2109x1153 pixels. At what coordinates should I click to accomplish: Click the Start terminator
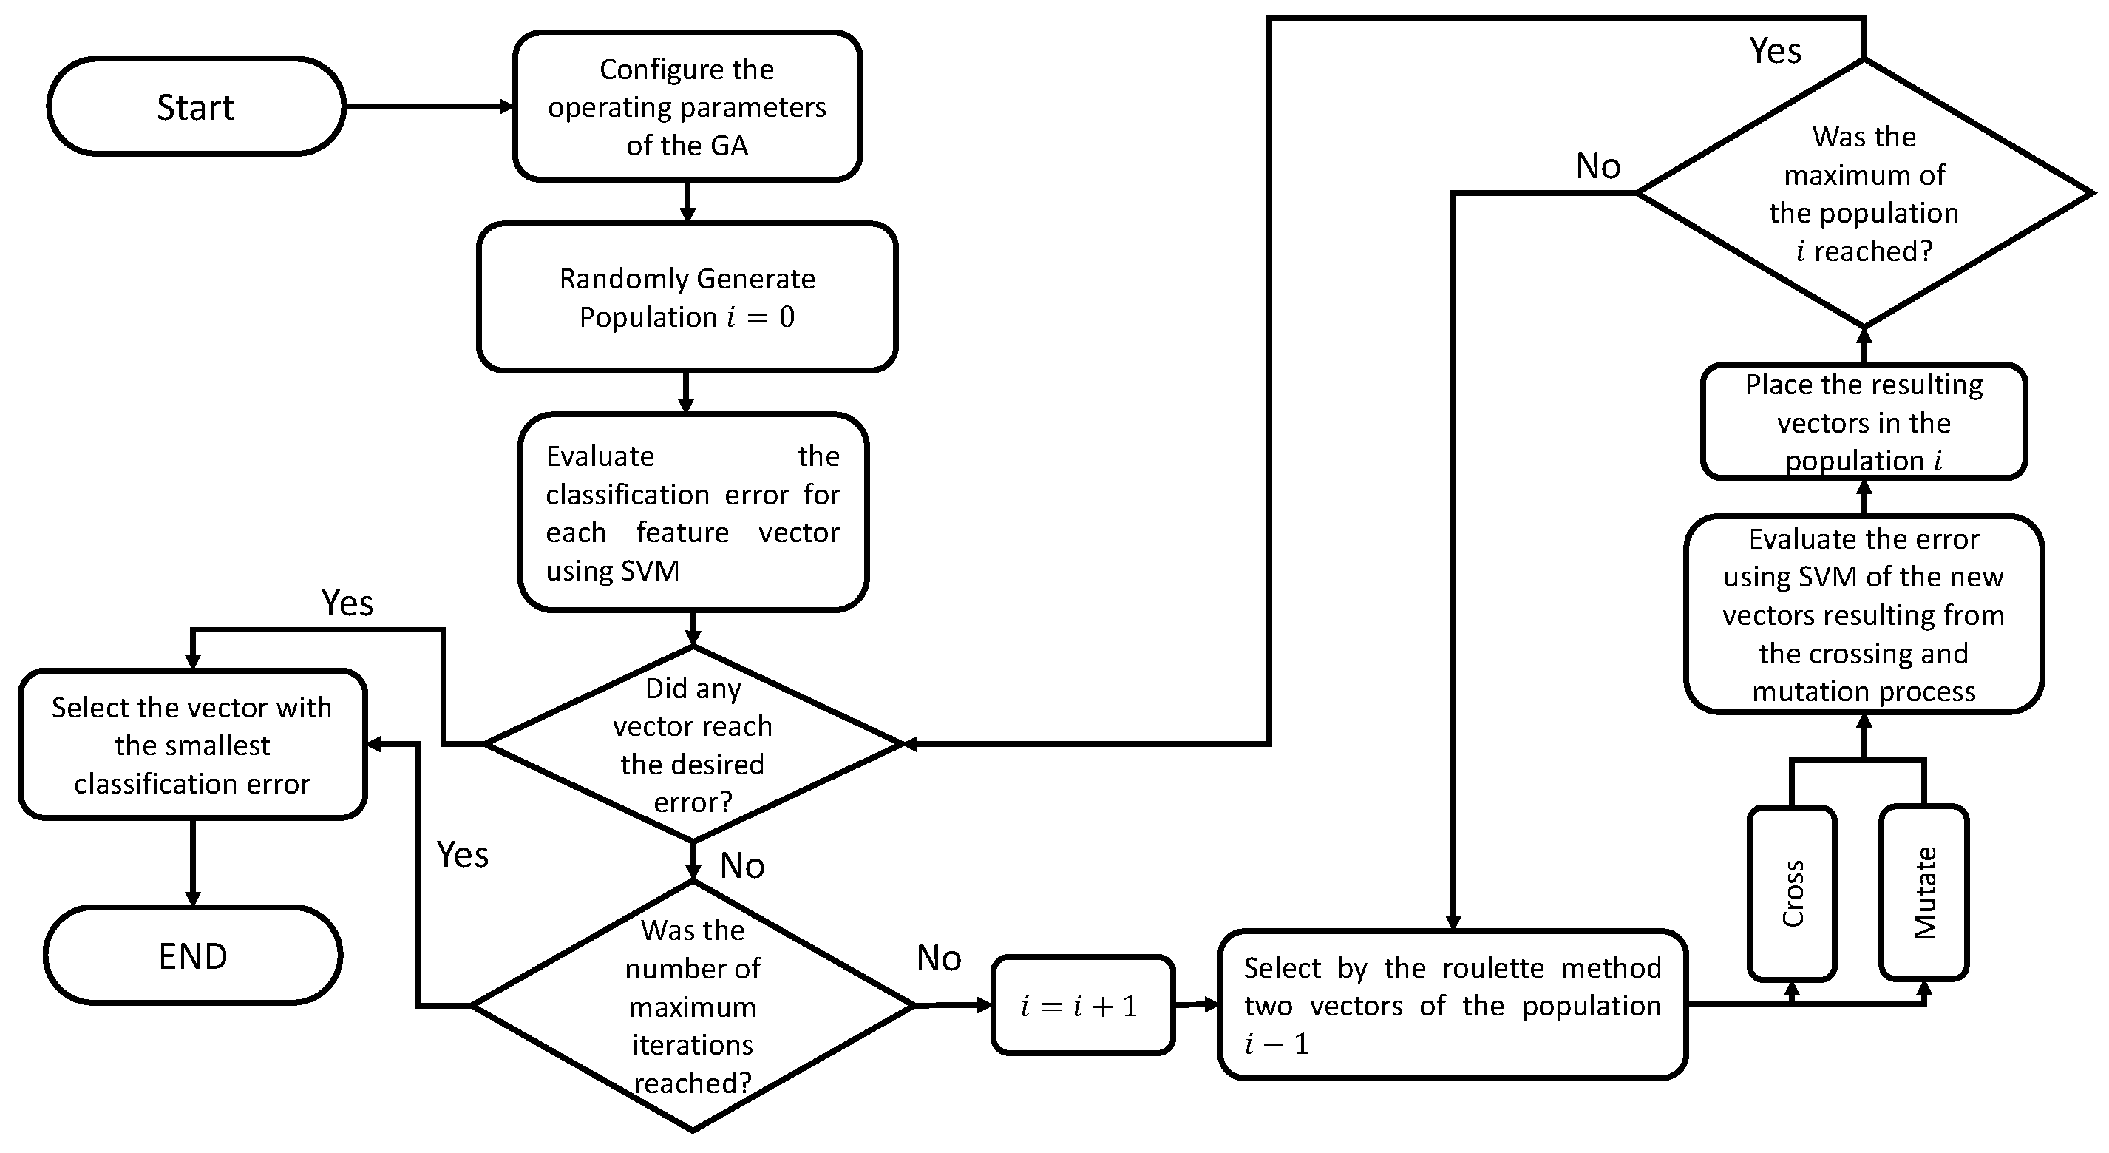point(196,106)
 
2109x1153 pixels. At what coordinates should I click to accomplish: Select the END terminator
point(192,955)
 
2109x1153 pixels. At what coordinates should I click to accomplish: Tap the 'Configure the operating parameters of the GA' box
point(687,106)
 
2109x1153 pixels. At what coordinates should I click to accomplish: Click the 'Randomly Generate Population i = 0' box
point(687,297)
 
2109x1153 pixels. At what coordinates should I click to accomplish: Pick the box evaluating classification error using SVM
point(693,513)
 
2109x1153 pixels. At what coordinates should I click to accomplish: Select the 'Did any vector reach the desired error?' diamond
point(693,743)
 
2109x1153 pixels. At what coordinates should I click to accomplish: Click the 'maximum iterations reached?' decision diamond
point(693,1006)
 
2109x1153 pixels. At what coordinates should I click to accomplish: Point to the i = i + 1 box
point(1082,1005)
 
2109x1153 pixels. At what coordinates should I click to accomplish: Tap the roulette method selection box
point(1452,1005)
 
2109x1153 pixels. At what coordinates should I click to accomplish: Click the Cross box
point(1791,893)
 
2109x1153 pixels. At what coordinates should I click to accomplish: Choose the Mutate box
point(1923,893)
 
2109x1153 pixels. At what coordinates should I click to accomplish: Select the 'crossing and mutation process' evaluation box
point(1864,614)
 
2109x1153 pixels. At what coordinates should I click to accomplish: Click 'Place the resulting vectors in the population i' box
point(1864,422)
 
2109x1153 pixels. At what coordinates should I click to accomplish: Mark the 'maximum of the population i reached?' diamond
point(1864,193)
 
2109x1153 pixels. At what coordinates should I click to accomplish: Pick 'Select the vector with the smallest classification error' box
point(192,744)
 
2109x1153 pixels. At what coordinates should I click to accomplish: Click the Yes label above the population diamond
point(1774,51)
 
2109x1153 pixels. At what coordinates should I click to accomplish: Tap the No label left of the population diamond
point(1597,166)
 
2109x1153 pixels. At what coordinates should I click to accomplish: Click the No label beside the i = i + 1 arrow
point(938,957)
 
